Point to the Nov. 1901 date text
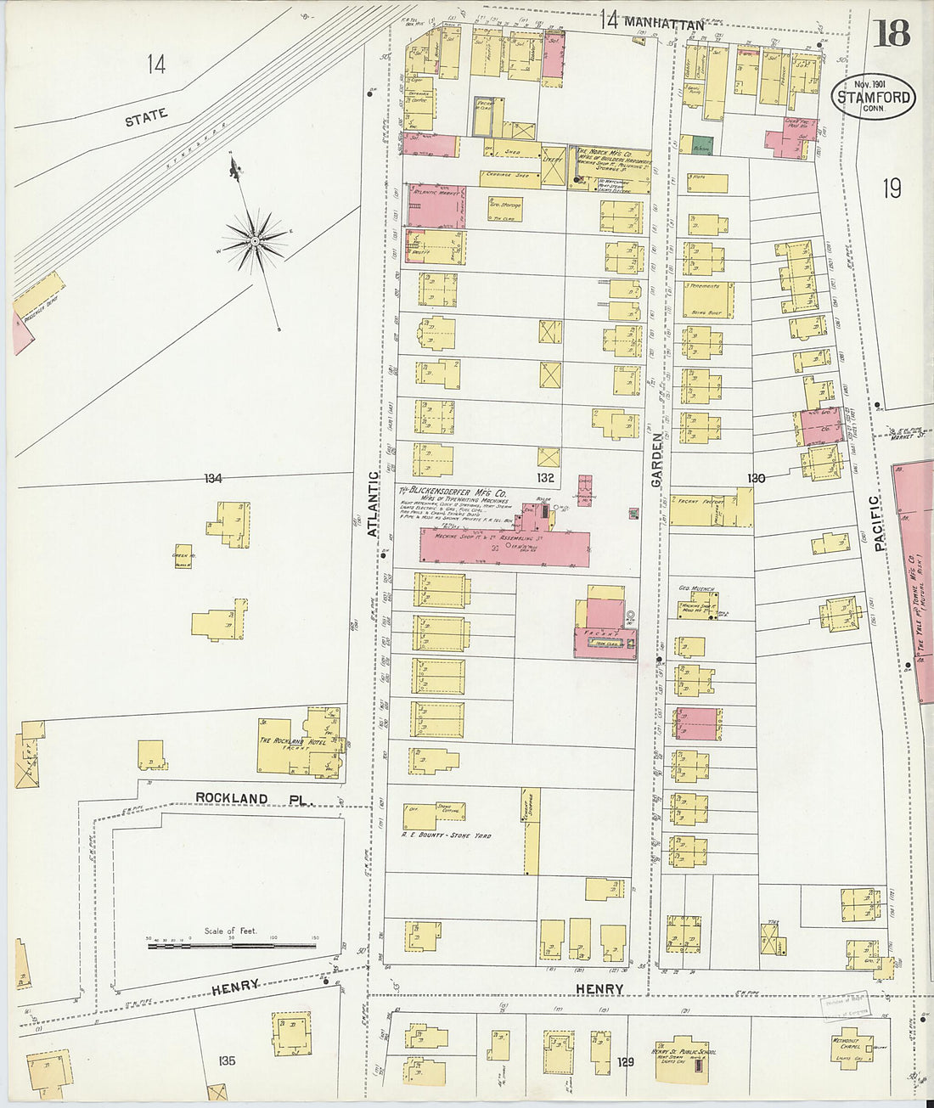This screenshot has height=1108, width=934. pos(872,83)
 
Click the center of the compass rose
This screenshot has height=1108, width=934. pos(254,241)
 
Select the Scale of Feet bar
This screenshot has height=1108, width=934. pos(231,944)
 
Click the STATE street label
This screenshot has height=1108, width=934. pos(146,117)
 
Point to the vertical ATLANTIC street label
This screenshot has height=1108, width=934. pos(372,504)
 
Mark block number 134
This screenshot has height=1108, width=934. pos(212,479)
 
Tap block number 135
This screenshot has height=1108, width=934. pos(226,1060)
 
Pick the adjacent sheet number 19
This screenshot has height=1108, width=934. pos(891,188)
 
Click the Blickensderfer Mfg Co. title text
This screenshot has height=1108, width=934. pos(454,492)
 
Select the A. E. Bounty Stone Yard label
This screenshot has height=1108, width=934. pos(446,835)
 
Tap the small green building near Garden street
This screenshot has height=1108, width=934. pos(700,145)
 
